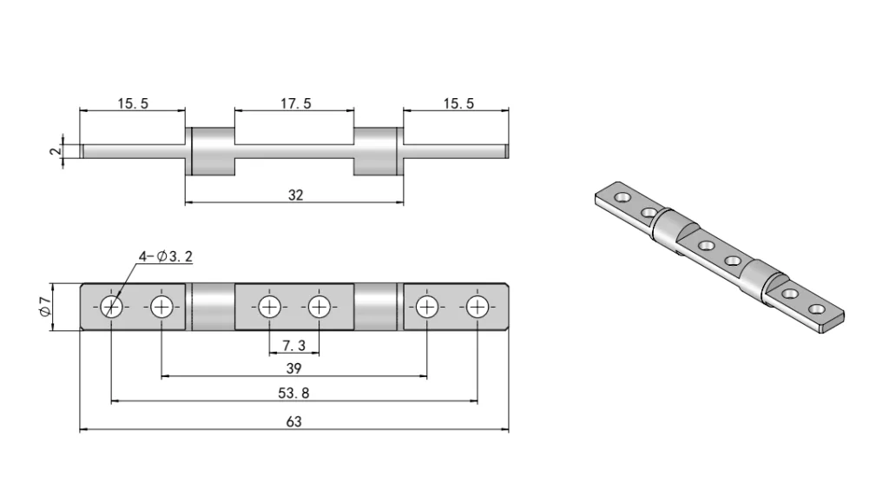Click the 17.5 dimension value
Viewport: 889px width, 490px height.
tap(295, 103)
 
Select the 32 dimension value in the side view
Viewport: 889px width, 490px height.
tap(295, 195)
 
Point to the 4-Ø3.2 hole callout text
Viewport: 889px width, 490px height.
tap(165, 256)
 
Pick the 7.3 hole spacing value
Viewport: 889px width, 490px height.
tap(293, 346)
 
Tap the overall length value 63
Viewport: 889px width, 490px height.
tap(294, 422)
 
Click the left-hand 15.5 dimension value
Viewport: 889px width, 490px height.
tap(133, 103)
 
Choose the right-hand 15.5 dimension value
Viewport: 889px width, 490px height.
tap(458, 103)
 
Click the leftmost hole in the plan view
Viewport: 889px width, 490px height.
tap(111, 307)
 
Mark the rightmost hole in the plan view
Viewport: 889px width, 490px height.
tap(477, 307)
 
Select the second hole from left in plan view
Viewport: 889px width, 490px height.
tap(161, 307)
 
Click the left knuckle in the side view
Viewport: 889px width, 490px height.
tap(211, 150)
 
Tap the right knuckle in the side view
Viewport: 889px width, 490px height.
tap(377, 150)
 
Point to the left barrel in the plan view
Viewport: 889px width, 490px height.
tap(211, 307)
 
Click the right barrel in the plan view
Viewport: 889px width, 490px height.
tap(377, 307)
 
